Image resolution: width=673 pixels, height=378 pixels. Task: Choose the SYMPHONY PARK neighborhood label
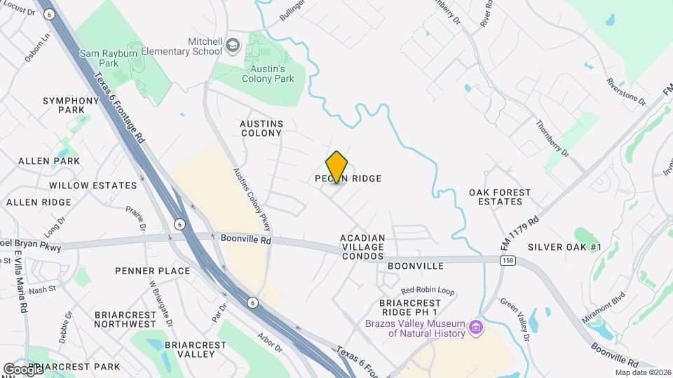[x=71, y=105]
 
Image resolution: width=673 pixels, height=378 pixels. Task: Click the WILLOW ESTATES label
[x=93, y=185]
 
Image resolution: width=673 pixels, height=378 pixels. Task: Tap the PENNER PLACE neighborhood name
[x=152, y=271]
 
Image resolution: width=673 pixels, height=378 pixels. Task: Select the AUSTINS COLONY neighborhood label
[x=261, y=128]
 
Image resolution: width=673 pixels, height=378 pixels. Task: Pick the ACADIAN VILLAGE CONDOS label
[x=362, y=247]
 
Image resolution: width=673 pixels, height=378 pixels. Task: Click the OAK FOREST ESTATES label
[x=501, y=197]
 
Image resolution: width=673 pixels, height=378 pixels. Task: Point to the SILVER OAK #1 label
[x=565, y=247]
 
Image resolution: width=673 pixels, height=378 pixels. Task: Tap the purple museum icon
[x=476, y=327]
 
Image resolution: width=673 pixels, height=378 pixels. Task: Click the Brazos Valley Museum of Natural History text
[x=415, y=328]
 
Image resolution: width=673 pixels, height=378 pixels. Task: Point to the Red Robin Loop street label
[x=428, y=290]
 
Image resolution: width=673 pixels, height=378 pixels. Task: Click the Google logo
[x=22, y=369]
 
